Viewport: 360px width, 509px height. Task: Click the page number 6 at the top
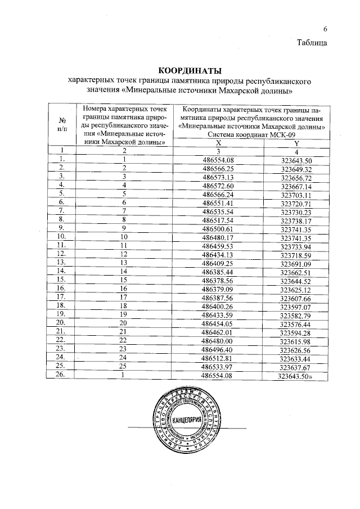(x=325, y=29)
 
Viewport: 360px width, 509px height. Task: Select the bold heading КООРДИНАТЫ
(x=190, y=71)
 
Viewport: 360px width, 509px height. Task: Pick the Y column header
(x=295, y=143)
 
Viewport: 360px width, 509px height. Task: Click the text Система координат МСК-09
(x=249, y=135)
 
